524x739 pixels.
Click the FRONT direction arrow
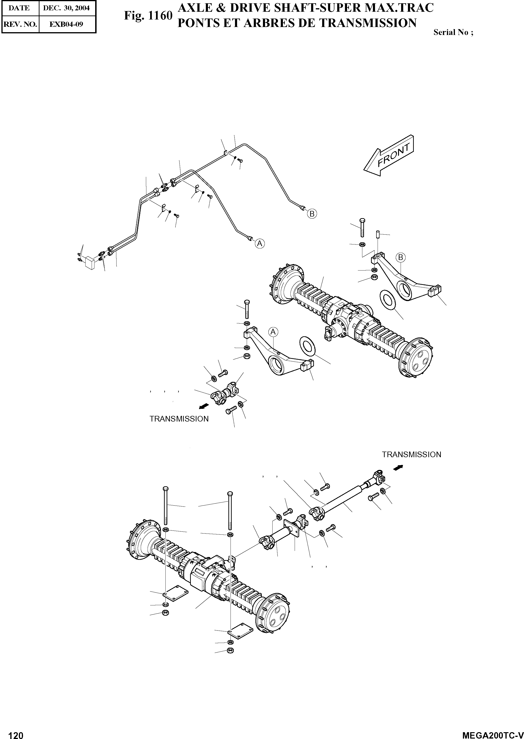pos(389,155)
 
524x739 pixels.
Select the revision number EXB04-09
pos(66,24)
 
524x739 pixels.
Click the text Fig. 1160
pos(148,15)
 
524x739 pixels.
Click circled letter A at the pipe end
pos(260,244)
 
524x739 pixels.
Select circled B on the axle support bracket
pos(400,257)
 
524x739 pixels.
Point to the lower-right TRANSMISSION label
pos(411,454)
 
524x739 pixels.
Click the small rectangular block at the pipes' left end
pos(89,263)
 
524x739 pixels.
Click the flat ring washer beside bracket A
pos(307,347)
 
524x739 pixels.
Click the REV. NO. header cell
pos(20,24)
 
